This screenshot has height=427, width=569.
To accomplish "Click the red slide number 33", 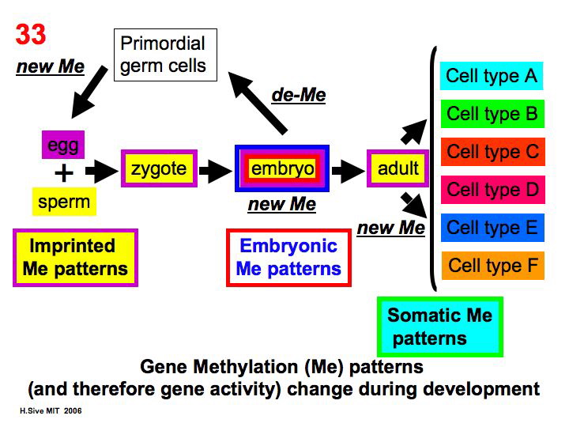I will tap(31, 35).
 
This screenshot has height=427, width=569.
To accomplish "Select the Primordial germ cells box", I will tap(163, 54).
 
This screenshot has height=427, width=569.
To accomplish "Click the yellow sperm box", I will tap(64, 201).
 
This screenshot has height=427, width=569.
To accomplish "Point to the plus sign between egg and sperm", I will tap(63, 172).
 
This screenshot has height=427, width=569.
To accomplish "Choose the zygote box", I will tap(159, 168).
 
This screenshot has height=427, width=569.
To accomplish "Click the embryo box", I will tap(282, 168).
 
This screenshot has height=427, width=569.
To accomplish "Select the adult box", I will tap(398, 168).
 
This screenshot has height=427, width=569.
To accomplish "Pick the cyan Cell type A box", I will tap(491, 76).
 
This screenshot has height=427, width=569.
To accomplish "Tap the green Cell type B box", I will tap(491, 114).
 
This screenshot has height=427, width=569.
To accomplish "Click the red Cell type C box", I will tap(491, 152).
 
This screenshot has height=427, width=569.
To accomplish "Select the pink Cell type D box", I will tap(491, 190).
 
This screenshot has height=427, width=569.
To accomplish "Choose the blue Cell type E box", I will tap(491, 228).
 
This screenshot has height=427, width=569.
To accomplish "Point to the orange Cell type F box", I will tap(491, 266).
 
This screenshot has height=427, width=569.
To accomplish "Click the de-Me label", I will tap(298, 96).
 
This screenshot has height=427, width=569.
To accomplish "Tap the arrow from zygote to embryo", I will tap(216, 168).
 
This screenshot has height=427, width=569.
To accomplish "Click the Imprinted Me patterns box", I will tap(75, 257).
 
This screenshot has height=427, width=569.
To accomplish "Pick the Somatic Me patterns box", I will tap(439, 327).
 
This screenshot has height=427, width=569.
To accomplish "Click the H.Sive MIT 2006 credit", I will tap(51, 411).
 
